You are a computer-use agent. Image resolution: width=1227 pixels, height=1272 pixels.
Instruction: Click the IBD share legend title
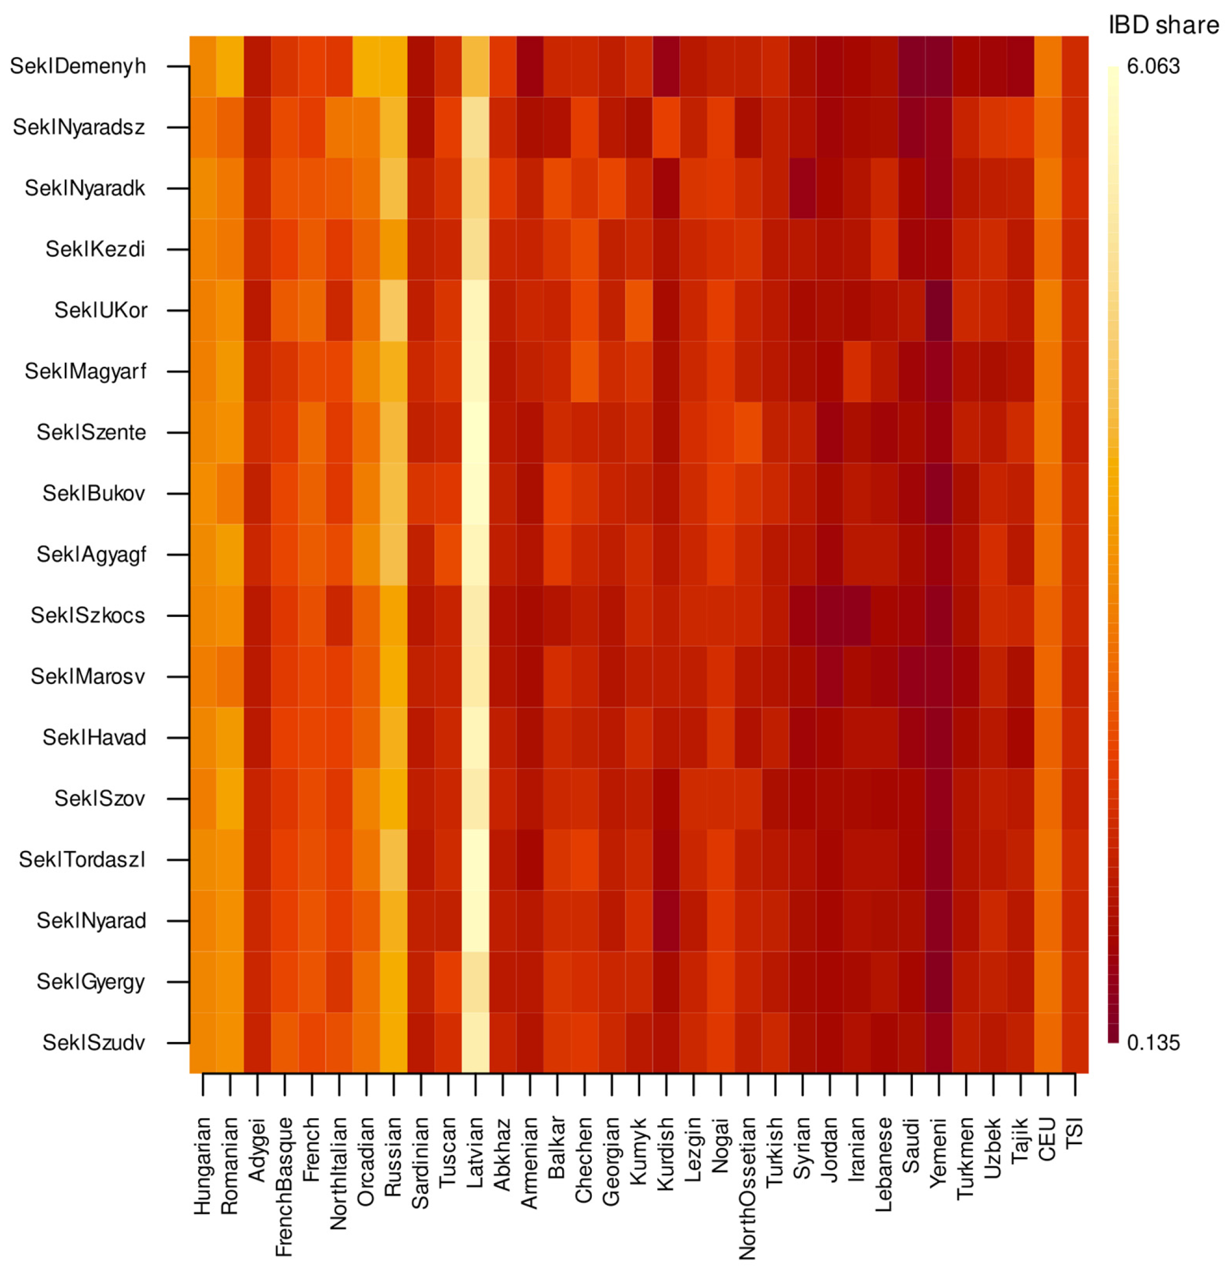pyautogui.click(x=1163, y=25)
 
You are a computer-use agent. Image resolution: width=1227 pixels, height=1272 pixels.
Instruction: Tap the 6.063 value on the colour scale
pyautogui.click(x=1153, y=66)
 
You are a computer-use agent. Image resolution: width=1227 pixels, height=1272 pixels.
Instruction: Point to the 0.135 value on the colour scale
pyautogui.click(x=1153, y=1043)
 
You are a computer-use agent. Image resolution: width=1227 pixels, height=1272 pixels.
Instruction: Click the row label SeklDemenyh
pyautogui.click(x=78, y=66)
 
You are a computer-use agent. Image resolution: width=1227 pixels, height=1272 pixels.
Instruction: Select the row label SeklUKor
pyautogui.click(x=100, y=310)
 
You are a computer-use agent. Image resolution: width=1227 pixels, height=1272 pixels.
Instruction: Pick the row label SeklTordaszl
pyautogui.click(x=82, y=859)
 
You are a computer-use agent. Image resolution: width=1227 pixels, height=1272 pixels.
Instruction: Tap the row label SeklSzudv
pyautogui.click(x=93, y=1043)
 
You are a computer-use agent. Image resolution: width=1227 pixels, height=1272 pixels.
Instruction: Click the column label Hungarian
pyautogui.click(x=203, y=1165)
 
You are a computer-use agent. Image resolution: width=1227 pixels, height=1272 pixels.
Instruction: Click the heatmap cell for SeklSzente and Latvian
pyautogui.click(x=475, y=432)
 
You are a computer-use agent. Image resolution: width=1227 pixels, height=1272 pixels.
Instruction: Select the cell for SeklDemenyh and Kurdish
pyautogui.click(x=666, y=66)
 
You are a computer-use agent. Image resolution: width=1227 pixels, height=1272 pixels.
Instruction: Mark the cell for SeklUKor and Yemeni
pyautogui.click(x=939, y=310)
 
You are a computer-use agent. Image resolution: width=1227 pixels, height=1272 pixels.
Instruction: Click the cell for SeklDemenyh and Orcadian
pyautogui.click(x=367, y=66)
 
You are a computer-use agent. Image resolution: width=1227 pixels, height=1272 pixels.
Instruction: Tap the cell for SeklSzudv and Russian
pyautogui.click(x=394, y=1043)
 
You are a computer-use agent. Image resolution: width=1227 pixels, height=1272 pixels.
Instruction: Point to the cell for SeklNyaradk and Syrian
pyautogui.click(x=803, y=188)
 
